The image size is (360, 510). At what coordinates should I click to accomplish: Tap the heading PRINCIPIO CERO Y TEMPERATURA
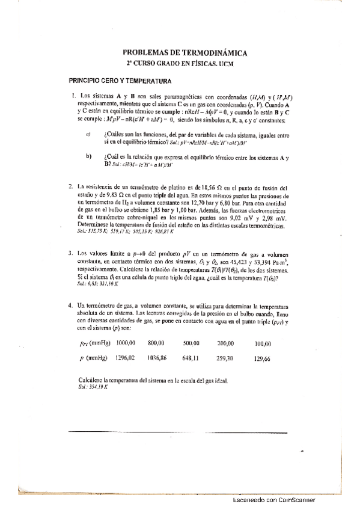[120, 81]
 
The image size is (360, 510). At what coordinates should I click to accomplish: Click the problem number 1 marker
[73, 96]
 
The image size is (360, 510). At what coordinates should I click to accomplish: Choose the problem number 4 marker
[71, 306]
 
